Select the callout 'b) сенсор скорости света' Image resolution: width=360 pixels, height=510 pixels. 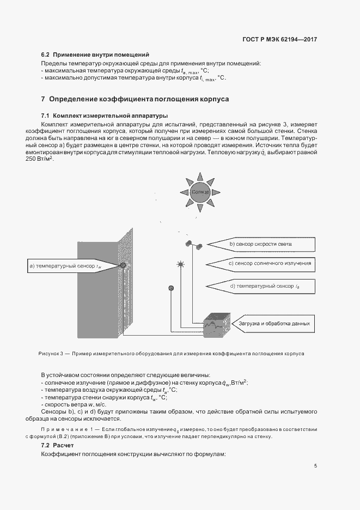tap(262, 244)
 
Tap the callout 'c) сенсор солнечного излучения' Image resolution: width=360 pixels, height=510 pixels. tap(262, 264)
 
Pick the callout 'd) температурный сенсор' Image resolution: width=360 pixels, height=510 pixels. tap(262, 285)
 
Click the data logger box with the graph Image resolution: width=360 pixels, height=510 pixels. tap(217, 325)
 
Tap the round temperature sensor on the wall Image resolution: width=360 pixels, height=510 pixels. tap(124, 265)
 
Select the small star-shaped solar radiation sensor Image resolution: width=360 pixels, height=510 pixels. tap(180, 265)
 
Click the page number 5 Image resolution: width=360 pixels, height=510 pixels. tap(315, 465)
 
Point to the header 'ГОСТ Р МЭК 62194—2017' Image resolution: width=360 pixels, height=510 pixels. tap(280, 39)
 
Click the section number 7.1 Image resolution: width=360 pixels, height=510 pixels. tap(45, 116)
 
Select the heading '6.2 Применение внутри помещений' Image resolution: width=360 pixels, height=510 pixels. tap(95, 55)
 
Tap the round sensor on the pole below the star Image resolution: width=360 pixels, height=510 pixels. tap(170, 287)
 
